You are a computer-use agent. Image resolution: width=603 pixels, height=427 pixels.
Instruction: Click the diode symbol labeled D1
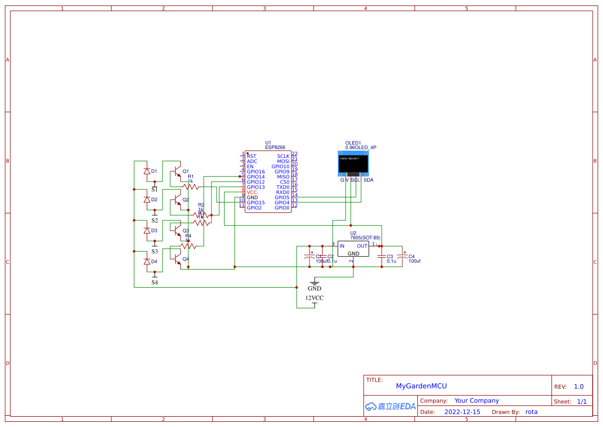click(146, 171)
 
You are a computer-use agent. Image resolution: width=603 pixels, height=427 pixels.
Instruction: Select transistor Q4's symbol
click(177, 255)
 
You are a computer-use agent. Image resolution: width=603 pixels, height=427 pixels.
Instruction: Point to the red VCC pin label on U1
click(252, 192)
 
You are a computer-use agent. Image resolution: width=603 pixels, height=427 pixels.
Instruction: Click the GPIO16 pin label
click(255, 172)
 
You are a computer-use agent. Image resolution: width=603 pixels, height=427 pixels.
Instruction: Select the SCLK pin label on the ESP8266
click(283, 156)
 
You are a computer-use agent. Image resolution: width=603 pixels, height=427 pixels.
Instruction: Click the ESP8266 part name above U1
click(275, 147)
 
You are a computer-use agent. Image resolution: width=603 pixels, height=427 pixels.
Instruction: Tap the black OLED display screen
click(353, 163)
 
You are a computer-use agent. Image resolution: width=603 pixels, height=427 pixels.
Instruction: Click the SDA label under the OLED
click(368, 180)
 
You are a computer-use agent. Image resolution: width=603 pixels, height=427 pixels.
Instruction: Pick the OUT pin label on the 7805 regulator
click(362, 246)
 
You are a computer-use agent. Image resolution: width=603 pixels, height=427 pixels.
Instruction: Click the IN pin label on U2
click(341, 246)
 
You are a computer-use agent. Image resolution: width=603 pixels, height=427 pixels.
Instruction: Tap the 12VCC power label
click(314, 298)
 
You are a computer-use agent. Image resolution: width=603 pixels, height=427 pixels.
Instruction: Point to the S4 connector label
click(155, 283)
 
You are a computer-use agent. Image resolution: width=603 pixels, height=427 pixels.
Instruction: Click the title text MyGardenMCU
click(421, 386)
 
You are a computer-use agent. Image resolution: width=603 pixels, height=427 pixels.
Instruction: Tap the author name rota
click(531, 412)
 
